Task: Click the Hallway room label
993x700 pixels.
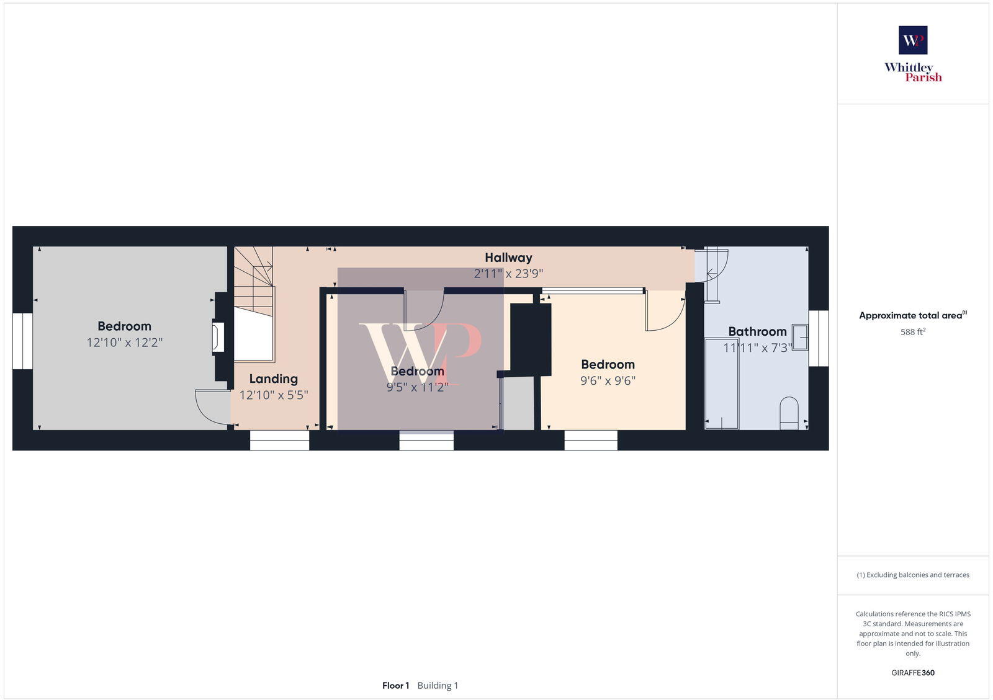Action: click(x=508, y=258)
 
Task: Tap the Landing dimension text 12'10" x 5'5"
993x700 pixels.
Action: click(x=274, y=395)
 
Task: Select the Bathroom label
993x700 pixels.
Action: click(x=757, y=331)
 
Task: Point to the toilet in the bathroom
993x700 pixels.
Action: click(x=789, y=412)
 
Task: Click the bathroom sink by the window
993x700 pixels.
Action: click(x=800, y=338)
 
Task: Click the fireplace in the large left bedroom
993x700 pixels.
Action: click(x=218, y=337)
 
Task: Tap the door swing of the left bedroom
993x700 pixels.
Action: click(x=211, y=406)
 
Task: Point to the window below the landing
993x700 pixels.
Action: click(x=279, y=441)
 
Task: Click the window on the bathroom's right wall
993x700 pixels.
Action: click(x=818, y=338)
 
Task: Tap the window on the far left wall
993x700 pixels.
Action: click(x=23, y=341)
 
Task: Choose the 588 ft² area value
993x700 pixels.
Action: click(x=913, y=332)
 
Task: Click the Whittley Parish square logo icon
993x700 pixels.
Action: click(x=913, y=40)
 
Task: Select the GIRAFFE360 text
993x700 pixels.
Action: click(x=913, y=673)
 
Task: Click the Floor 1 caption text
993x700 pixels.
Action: click(x=395, y=686)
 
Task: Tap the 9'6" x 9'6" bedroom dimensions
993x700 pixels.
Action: click(x=608, y=380)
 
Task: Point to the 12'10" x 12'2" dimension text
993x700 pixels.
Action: click(x=124, y=342)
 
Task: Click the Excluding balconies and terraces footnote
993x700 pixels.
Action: click(x=913, y=575)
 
